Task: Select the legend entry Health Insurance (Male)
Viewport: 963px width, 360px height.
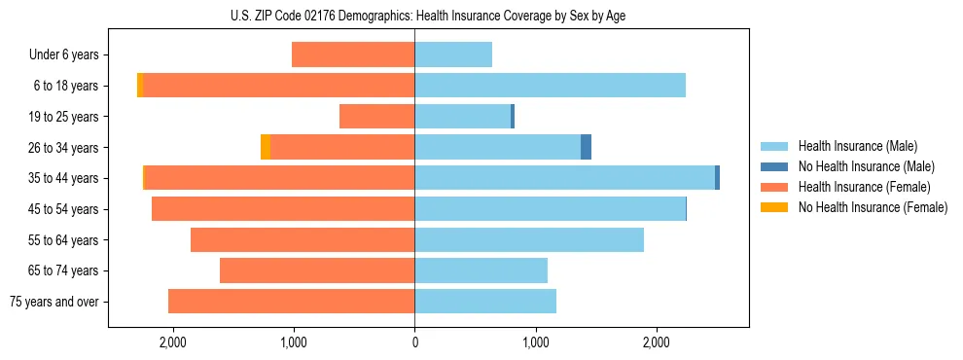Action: pos(857,146)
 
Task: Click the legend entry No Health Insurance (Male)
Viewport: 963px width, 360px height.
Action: pos(866,166)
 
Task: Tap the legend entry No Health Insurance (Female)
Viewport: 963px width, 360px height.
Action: pos(873,207)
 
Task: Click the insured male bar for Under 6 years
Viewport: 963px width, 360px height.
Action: pos(453,54)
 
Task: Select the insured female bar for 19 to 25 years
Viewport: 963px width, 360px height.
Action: pos(376,117)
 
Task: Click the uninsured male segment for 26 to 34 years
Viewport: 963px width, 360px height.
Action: pos(586,147)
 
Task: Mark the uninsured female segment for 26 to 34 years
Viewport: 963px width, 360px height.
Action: pos(266,147)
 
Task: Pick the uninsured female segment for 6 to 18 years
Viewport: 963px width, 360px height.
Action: pos(140,86)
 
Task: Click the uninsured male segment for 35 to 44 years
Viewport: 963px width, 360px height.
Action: pos(717,178)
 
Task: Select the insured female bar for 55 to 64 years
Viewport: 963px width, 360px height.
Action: pos(303,239)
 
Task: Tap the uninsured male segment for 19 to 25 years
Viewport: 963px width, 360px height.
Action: pos(513,117)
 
